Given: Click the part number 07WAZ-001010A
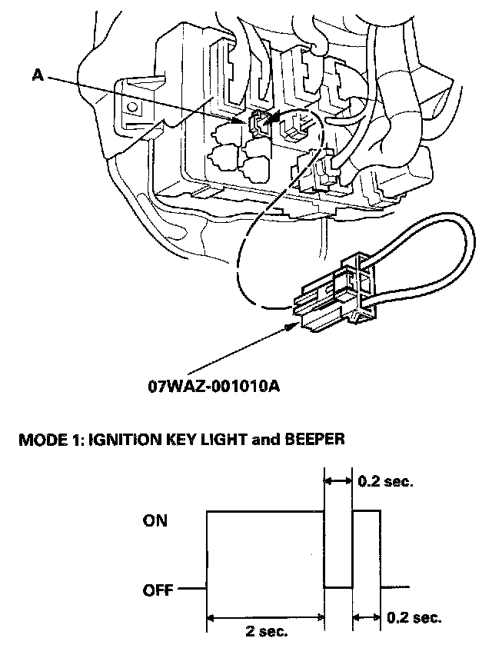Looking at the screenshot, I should pyautogui.click(x=213, y=384).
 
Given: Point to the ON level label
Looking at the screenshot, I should pyautogui.click(x=155, y=520).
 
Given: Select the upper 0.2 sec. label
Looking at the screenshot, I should pyautogui.click(x=386, y=483).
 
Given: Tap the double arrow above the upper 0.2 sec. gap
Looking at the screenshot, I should pyautogui.click(x=338, y=481).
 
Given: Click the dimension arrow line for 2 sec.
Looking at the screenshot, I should pyautogui.click(x=265, y=616).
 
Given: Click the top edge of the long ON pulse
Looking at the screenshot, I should pyautogui.click(x=265, y=509).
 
